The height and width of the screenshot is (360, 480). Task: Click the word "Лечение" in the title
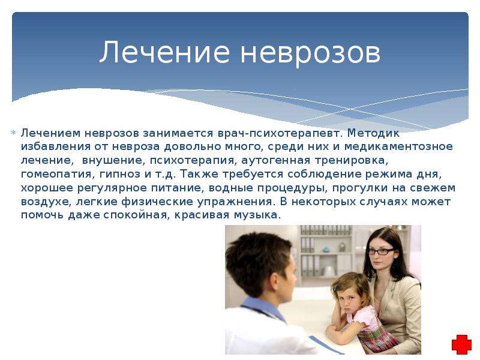pos(164,52)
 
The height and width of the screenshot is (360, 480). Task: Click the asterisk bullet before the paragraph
pos(13,133)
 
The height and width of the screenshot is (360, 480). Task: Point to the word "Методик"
pos(373,133)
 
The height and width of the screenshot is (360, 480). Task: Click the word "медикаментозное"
pos(398,147)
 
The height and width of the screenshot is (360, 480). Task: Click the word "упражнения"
pos(235,202)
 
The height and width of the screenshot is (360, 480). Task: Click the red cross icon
pos(461,344)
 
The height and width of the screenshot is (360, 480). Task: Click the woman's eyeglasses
pos(382,251)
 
